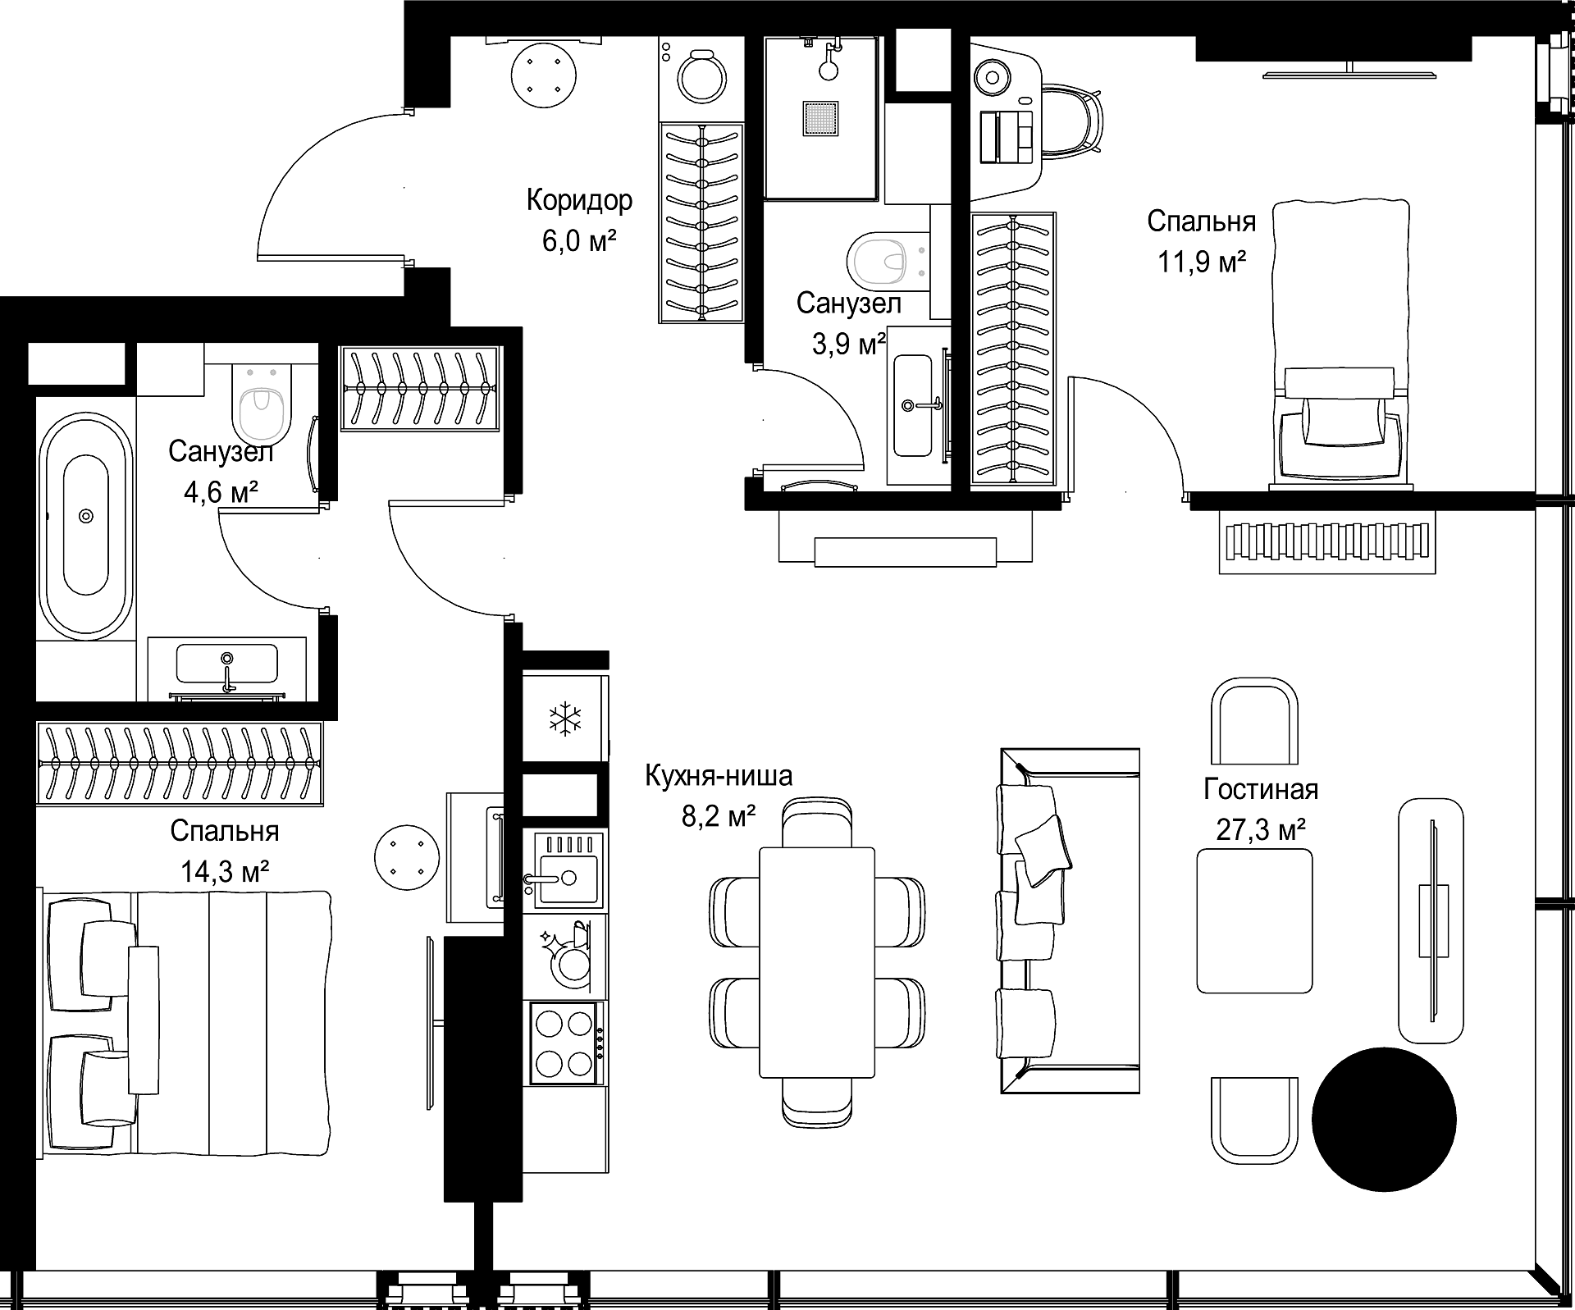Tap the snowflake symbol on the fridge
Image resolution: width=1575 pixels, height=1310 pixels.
(564, 719)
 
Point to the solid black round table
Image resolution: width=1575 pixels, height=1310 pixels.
(1384, 1119)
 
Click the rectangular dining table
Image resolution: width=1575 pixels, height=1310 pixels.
(817, 961)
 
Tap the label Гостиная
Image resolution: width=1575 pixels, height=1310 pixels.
(1261, 789)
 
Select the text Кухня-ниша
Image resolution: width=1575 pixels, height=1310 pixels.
(719, 775)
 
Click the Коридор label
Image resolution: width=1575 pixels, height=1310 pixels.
(579, 200)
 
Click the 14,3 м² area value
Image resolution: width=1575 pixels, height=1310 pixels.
(225, 871)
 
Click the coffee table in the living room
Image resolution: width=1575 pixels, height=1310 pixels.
(1254, 920)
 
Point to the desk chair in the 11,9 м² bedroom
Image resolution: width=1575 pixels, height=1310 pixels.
(1071, 119)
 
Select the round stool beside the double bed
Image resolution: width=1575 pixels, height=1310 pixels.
(406, 856)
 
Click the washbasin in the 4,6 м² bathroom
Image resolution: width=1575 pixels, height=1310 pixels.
(227, 663)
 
